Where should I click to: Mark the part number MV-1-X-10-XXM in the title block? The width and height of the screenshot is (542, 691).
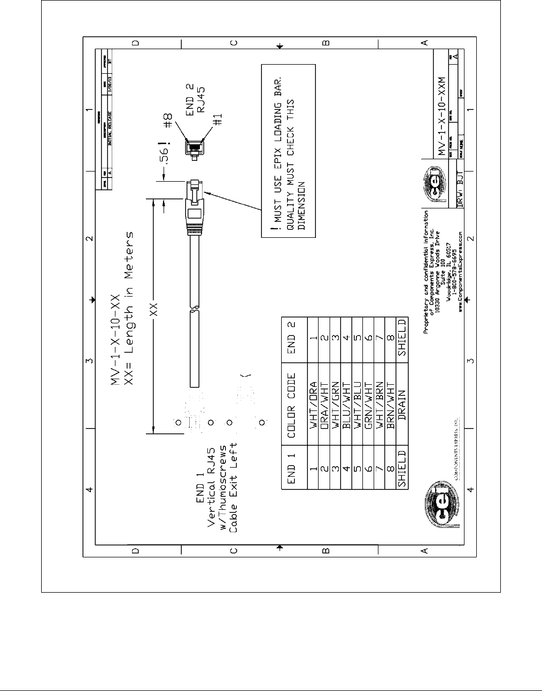click(x=440, y=113)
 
